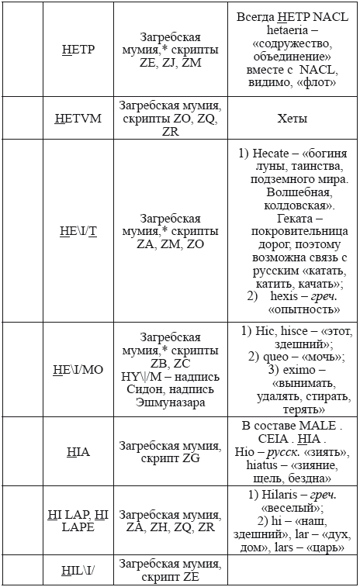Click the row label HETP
coord(78,50)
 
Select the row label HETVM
coord(78,119)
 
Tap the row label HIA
coord(78,451)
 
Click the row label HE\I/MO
coord(78,369)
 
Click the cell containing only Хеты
coord(292,119)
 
